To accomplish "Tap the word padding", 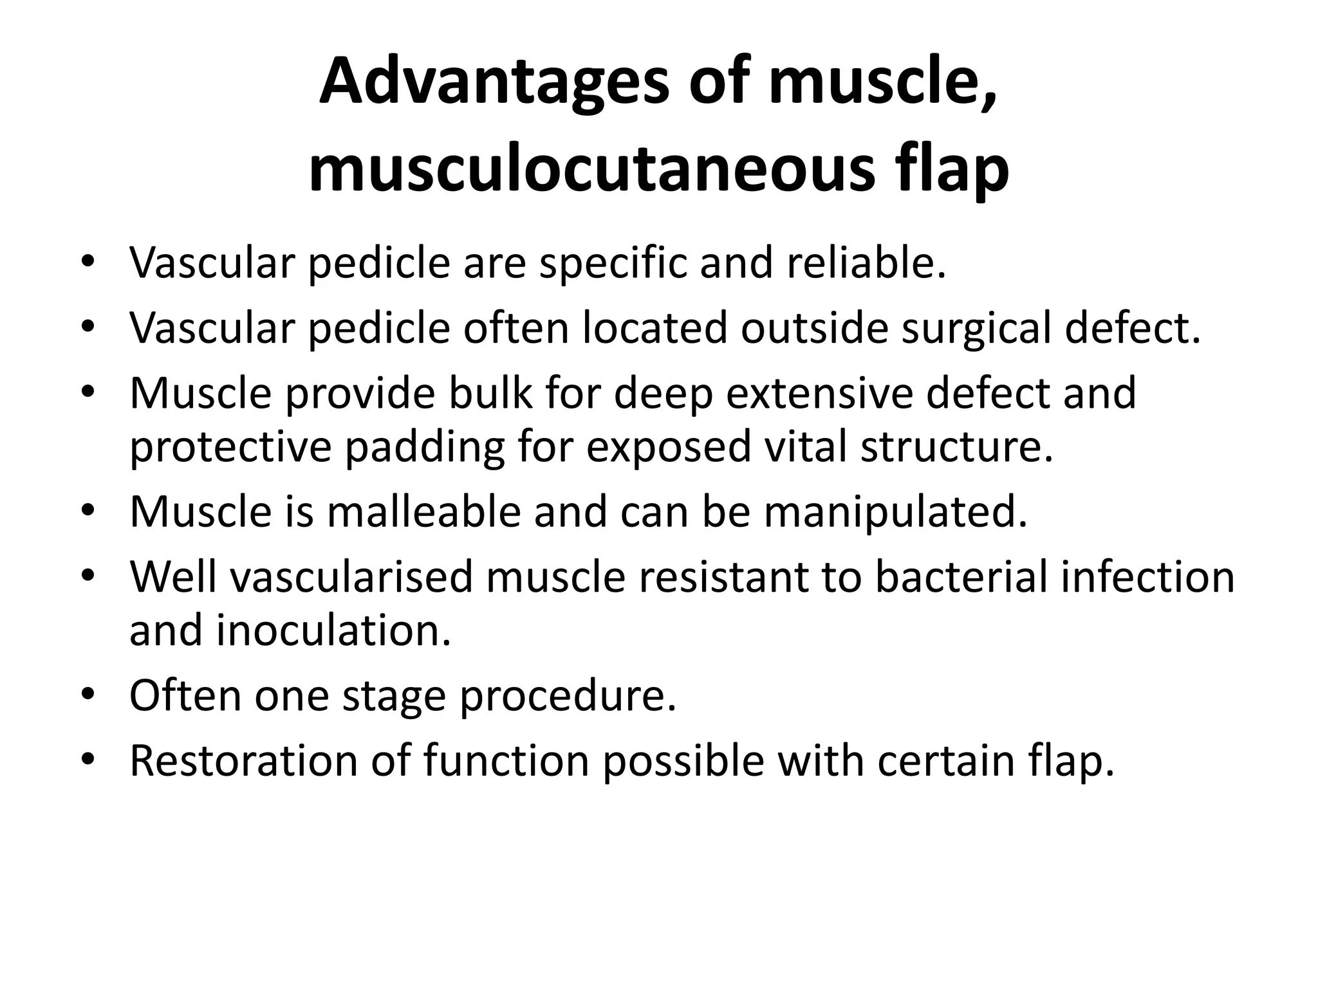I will [425, 448].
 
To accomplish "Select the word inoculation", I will [333, 630].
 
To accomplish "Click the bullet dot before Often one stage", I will [88, 697].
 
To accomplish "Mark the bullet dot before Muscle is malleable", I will [88, 512].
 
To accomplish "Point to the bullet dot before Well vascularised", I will [88, 577].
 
